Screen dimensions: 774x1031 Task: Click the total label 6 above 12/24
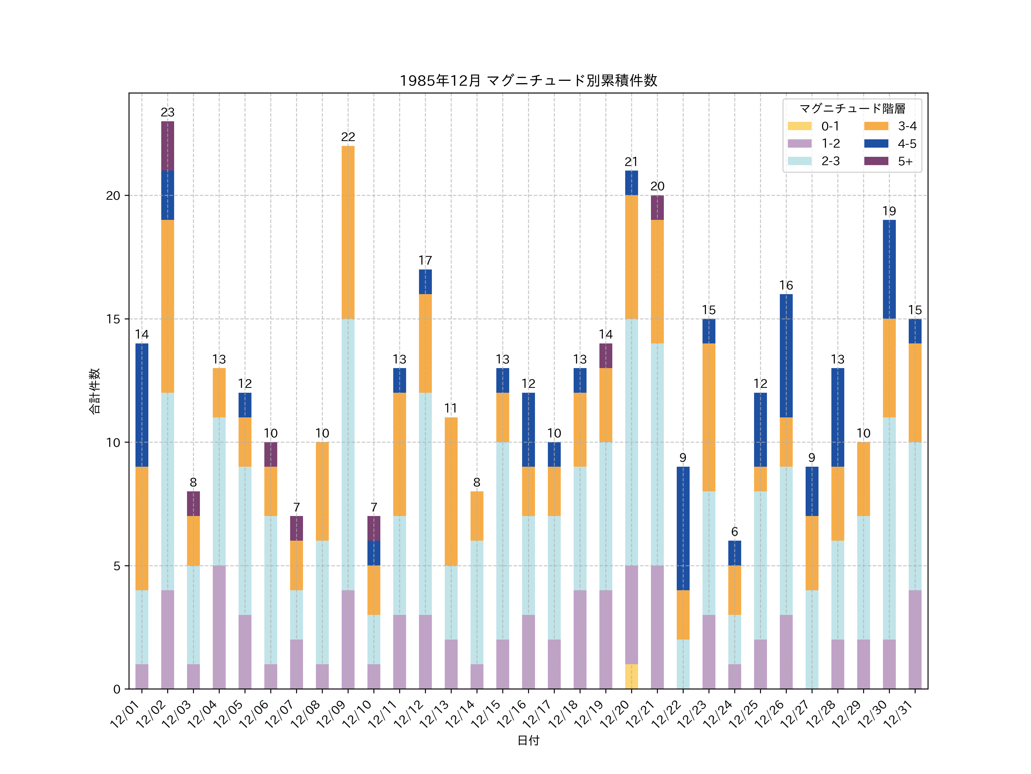(x=735, y=532)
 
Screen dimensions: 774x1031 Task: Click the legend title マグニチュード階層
(x=852, y=109)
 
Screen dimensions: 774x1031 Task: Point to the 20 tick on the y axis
(x=113, y=196)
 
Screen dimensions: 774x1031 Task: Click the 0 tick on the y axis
(x=117, y=689)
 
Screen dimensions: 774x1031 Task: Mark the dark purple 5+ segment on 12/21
(x=657, y=208)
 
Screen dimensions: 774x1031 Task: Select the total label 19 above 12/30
(x=889, y=211)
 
